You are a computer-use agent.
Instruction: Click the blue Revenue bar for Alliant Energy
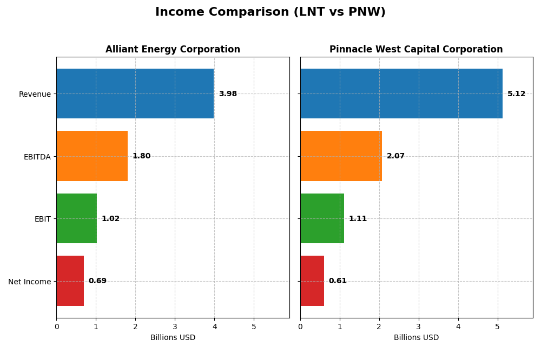click(x=135, y=94)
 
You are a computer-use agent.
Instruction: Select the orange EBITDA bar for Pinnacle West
click(x=341, y=156)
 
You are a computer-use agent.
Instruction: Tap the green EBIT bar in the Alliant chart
click(x=76, y=218)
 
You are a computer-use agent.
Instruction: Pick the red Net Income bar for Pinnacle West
click(x=312, y=281)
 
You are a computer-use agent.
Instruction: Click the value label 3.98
click(x=228, y=94)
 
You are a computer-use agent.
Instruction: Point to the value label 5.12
click(x=516, y=94)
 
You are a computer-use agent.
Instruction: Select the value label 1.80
click(x=141, y=156)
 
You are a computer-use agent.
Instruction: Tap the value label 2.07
click(x=395, y=156)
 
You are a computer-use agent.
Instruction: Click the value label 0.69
click(x=97, y=281)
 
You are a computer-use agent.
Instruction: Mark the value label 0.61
click(x=338, y=281)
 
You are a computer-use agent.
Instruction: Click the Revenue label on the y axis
click(x=35, y=94)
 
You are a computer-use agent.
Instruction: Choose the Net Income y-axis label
click(x=29, y=282)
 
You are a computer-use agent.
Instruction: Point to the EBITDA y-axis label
click(x=37, y=157)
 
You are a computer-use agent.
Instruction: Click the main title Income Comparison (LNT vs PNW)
click(x=270, y=12)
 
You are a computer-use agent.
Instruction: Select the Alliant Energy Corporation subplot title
click(x=173, y=50)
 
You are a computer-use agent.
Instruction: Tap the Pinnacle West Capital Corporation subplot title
click(x=416, y=50)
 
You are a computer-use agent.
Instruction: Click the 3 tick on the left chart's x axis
click(x=175, y=326)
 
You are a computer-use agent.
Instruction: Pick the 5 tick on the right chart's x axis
click(x=497, y=326)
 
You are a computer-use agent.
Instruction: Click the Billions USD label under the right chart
click(x=416, y=338)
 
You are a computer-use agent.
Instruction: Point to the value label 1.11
click(x=358, y=219)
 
